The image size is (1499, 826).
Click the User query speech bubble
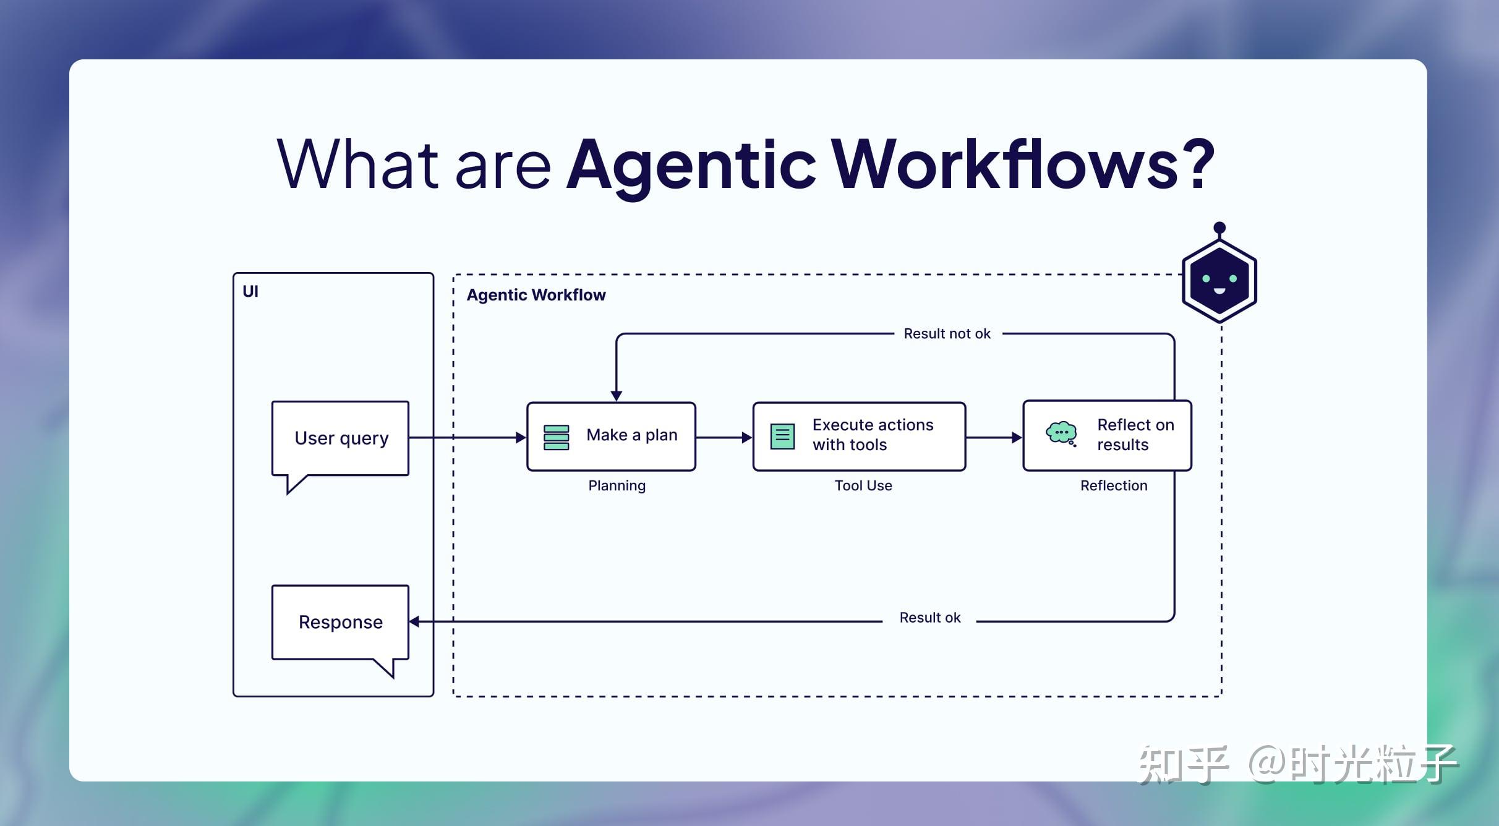(x=341, y=438)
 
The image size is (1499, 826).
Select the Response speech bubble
(x=341, y=622)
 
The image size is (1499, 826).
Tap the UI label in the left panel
(x=250, y=291)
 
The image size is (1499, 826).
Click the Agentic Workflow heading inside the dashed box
(x=536, y=295)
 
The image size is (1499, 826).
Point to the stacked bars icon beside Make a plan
(x=556, y=437)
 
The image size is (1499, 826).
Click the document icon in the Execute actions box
(x=782, y=436)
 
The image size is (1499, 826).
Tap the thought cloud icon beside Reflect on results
(x=1061, y=433)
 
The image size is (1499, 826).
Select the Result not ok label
(x=947, y=334)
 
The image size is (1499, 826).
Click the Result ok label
(x=929, y=618)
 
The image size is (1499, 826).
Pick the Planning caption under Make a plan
(x=617, y=486)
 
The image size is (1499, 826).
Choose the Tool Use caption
(x=863, y=486)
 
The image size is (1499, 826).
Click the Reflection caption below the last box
(x=1113, y=486)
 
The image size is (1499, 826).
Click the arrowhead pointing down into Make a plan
(x=617, y=395)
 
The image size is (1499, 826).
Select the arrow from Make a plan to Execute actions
(x=724, y=438)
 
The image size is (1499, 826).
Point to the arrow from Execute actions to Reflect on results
(x=993, y=438)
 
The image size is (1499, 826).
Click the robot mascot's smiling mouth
(x=1219, y=291)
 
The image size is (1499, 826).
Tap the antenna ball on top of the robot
(x=1219, y=228)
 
